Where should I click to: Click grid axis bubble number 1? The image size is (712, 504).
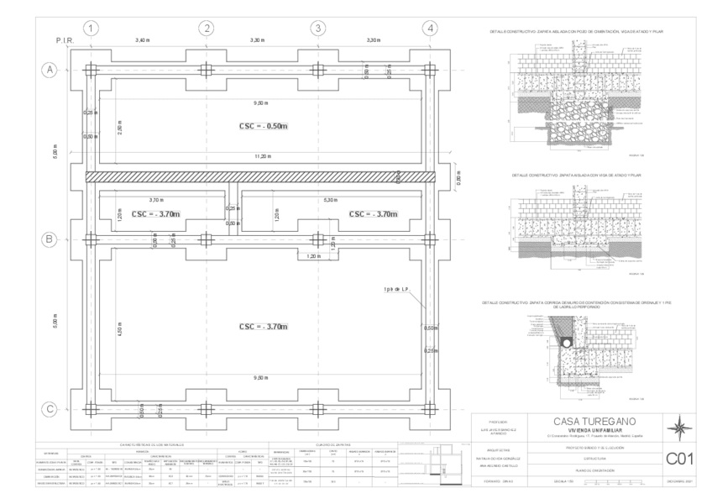pyautogui.click(x=92, y=28)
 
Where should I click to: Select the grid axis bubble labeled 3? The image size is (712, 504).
pyautogui.click(x=318, y=28)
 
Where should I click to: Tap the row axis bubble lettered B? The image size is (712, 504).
pyautogui.click(x=49, y=239)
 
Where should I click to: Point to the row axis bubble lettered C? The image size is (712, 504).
pyautogui.click(x=49, y=410)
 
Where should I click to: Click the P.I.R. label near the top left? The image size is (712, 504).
pyautogui.click(x=65, y=40)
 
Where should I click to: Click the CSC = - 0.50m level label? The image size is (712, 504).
pyautogui.click(x=264, y=125)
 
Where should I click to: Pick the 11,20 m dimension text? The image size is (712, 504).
pyautogui.click(x=263, y=157)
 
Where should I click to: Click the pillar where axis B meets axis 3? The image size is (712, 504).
pyautogui.click(x=318, y=239)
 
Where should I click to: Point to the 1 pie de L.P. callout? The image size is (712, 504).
pyautogui.click(x=395, y=290)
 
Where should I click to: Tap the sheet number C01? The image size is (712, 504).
pyautogui.click(x=678, y=459)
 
